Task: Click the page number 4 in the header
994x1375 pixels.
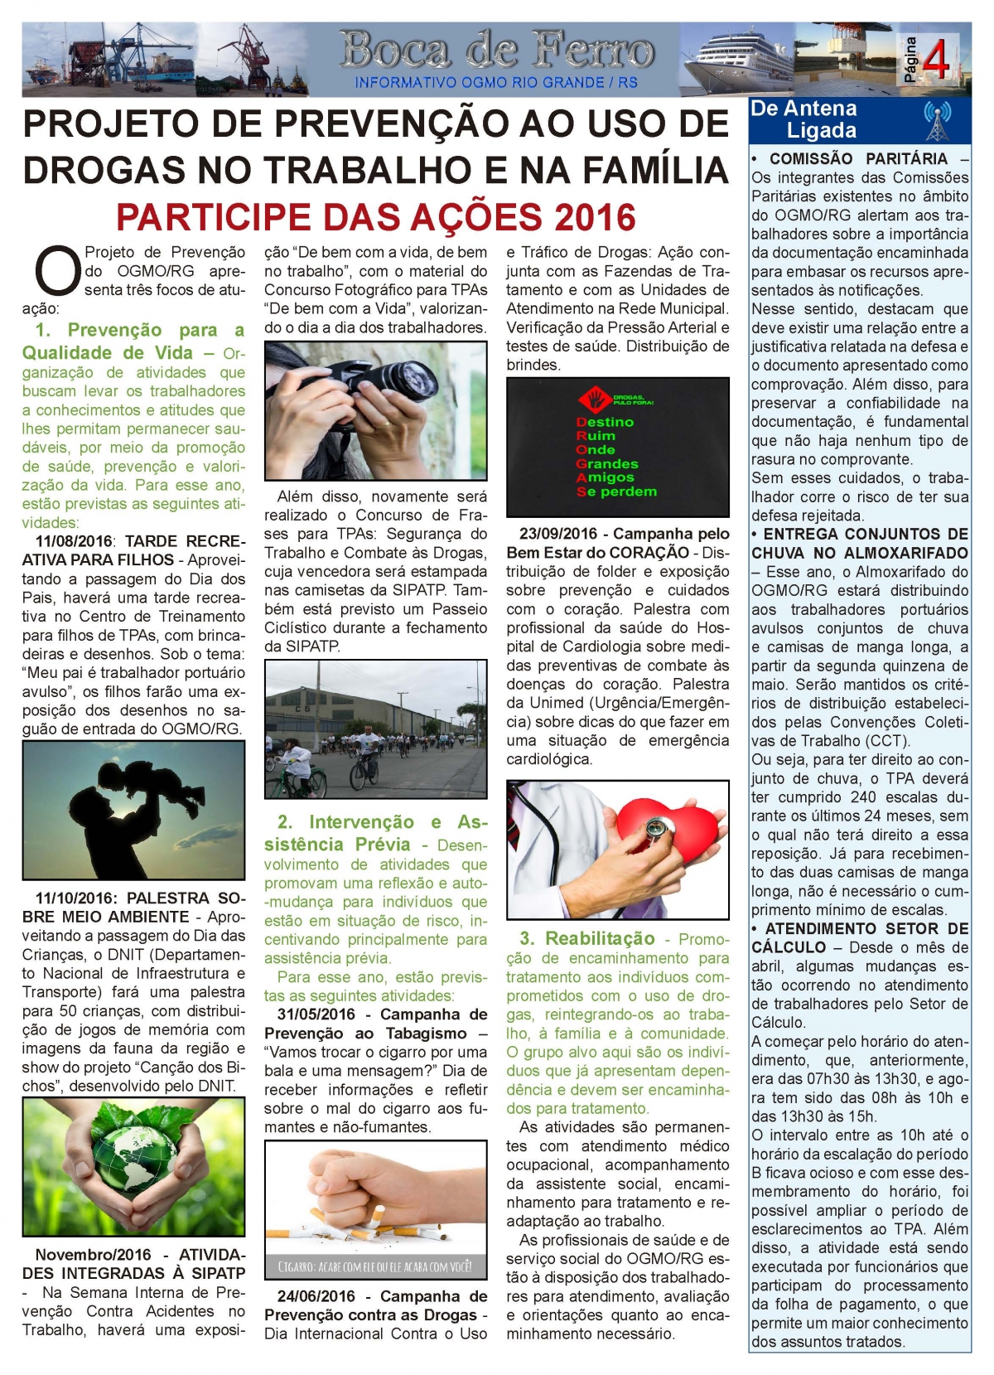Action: click(x=935, y=61)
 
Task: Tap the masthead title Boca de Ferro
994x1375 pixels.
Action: click(x=496, y=51)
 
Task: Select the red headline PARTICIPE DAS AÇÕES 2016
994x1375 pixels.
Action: click(x=375, y=217)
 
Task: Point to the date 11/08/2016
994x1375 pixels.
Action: click(x=74, y=542)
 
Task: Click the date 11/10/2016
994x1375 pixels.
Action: click(x=75, y=898)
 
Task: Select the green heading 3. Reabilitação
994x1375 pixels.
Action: click(x=587, y=939)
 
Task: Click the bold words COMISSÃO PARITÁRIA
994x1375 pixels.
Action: click(x=857, y=158)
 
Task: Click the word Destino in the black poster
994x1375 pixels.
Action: click(x=605, y=422)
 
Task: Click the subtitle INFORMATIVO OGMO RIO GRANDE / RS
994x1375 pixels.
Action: click(x=496, y=83)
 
